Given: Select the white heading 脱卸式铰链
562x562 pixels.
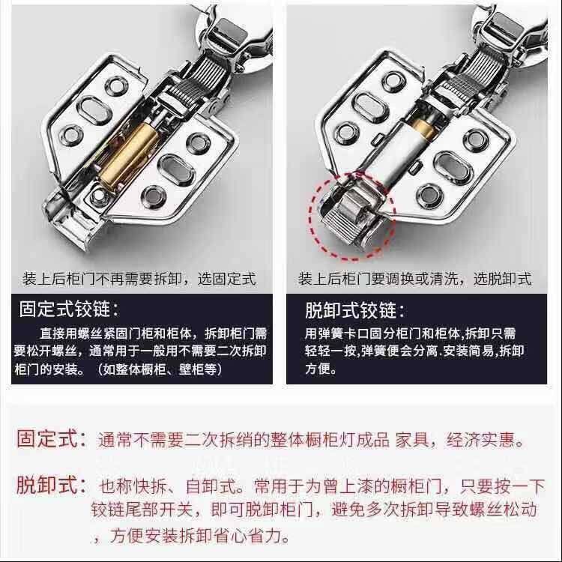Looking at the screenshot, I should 355,310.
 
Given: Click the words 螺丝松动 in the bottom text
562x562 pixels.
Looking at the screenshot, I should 509,511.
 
